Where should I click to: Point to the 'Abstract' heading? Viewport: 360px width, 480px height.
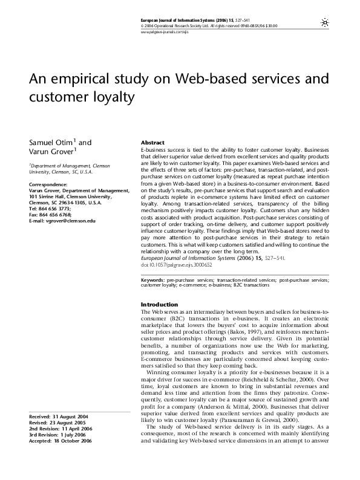(x=152, y=143)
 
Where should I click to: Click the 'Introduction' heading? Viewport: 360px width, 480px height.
(x=159, y=304)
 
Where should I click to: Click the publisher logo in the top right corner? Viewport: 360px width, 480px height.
(x=325, y=21)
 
